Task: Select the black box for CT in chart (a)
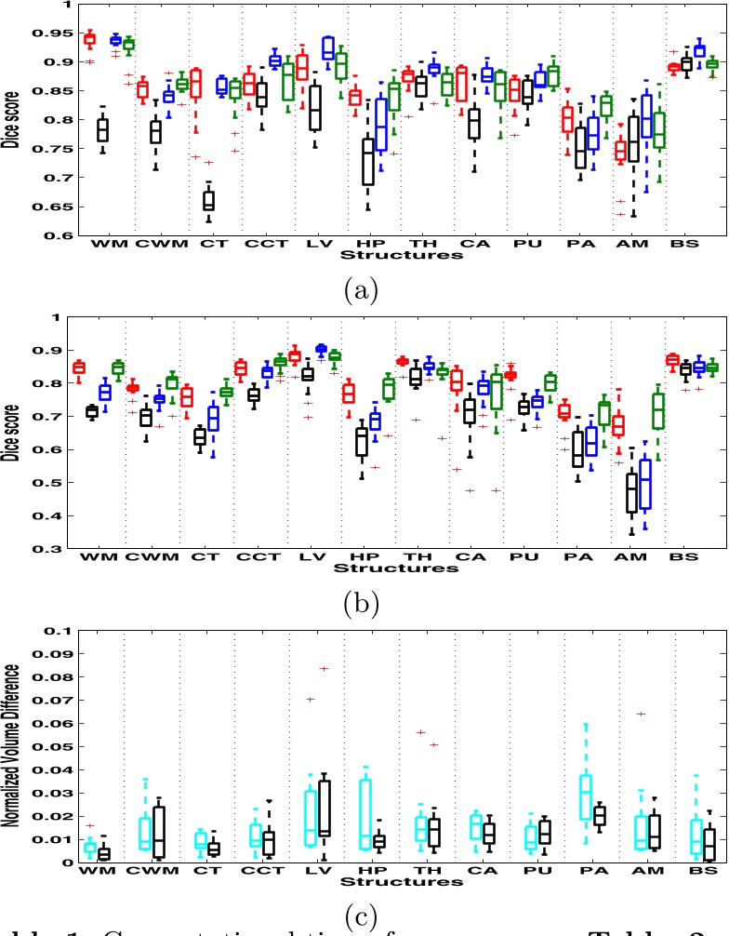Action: click(x=208, y=199)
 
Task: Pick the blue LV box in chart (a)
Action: click(x=328, y=47)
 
